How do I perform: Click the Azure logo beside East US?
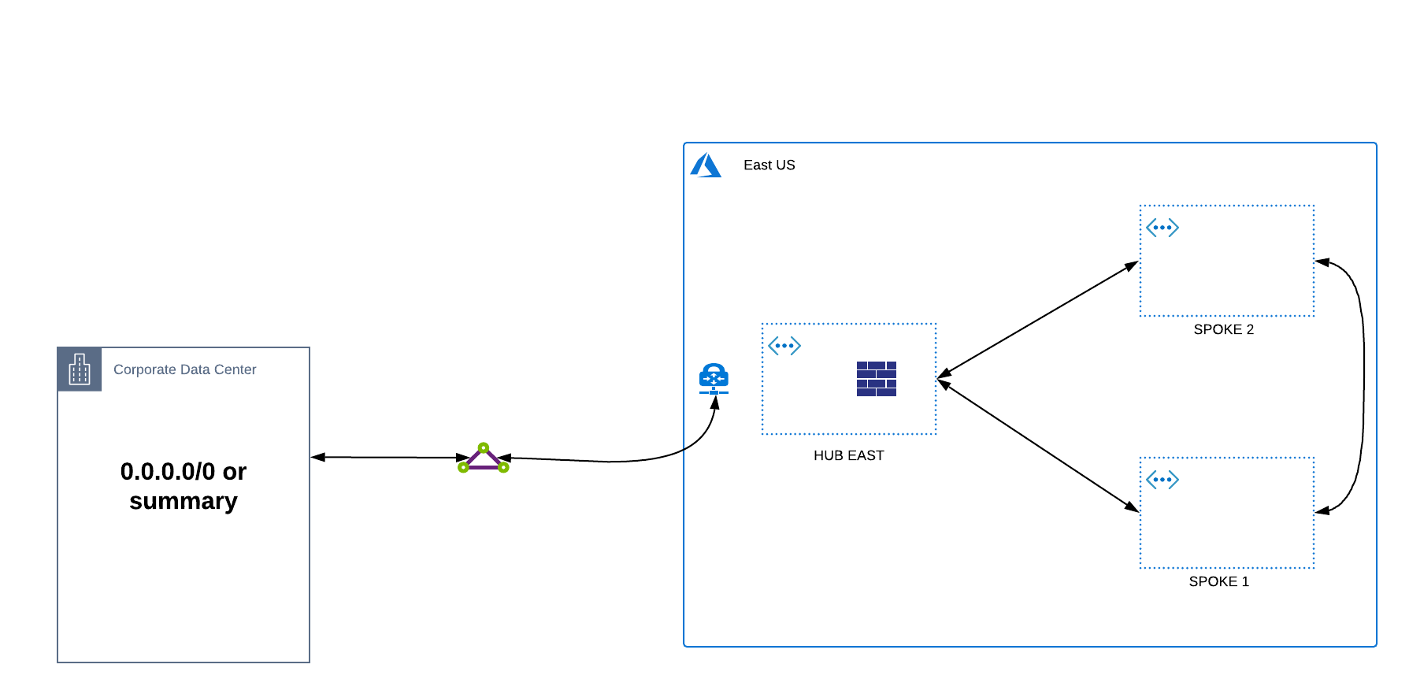(706, 165)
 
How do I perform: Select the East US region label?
(769, 165)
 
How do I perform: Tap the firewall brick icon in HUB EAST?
(876, 379)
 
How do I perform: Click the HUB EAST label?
(848, 455)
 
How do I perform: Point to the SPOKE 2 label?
(1223, 329)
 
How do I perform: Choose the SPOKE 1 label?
(1218, 581)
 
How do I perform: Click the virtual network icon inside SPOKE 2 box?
(1162, 228)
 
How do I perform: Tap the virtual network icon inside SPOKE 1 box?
(1162, 480)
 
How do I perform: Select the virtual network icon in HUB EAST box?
(784, 346)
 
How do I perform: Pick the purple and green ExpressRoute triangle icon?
(483, 458)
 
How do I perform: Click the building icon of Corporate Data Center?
(80, 369)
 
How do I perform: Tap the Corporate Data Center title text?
(184, 369)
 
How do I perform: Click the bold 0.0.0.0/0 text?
(168, 471)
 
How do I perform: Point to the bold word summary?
(184, 501)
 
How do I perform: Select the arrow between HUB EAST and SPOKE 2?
(1038, 318)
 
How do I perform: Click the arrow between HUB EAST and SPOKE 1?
(1038, 446)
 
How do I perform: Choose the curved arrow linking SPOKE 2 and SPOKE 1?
(1363, 386)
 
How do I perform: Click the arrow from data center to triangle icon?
(390, 457)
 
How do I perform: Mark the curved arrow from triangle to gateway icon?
(622, 461)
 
